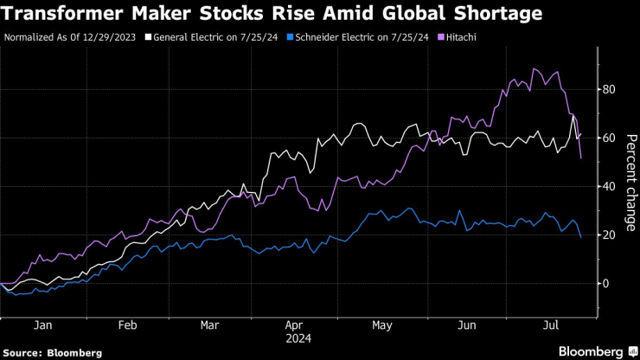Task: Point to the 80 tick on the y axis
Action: coord(609,89)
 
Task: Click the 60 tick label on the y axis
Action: coord(609,138)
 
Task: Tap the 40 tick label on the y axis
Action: coord(609,186)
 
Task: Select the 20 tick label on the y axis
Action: coord(609,235)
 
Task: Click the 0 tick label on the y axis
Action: coord(605,283)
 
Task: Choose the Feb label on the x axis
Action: coord(127,325)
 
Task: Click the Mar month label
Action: coord(208,325)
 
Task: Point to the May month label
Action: coord(381,325)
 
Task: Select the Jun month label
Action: coord(468,325)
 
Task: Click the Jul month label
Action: coord(551,325)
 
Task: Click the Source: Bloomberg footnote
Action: coord(53,352)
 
